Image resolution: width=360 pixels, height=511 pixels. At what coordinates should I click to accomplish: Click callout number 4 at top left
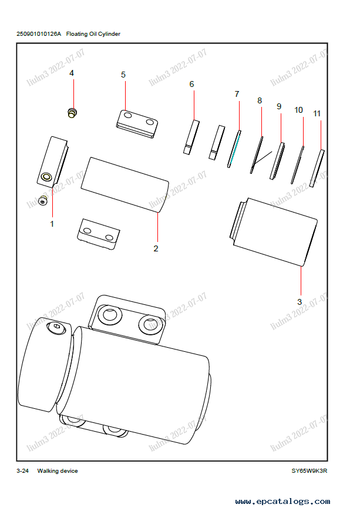72,73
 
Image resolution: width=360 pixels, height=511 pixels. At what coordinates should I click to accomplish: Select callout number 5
123,75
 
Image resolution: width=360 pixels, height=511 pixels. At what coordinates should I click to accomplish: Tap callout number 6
191,85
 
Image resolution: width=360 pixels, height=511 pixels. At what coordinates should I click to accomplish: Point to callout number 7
237,94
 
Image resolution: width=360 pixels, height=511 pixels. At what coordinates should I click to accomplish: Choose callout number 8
260,101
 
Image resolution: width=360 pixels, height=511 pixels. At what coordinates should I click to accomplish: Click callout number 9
279,106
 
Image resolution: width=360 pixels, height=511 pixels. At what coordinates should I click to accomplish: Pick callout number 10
298,110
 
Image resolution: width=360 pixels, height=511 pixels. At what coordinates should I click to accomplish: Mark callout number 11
317,113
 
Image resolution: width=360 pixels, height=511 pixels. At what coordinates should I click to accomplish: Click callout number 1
52,224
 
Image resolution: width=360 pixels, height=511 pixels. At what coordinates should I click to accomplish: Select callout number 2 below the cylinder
156,248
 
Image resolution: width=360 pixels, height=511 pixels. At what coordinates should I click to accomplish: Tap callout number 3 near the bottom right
300,301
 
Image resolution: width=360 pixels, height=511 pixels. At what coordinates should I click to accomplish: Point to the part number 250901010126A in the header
39,34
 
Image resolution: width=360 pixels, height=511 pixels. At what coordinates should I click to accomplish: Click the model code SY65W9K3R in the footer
309,471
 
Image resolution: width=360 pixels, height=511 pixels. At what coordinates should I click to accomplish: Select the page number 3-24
23,471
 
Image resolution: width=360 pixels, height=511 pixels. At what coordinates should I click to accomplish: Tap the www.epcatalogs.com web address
282,502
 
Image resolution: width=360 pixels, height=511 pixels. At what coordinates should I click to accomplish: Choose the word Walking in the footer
49,471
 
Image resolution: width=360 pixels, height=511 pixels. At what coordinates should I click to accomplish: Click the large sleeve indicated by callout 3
273,232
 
